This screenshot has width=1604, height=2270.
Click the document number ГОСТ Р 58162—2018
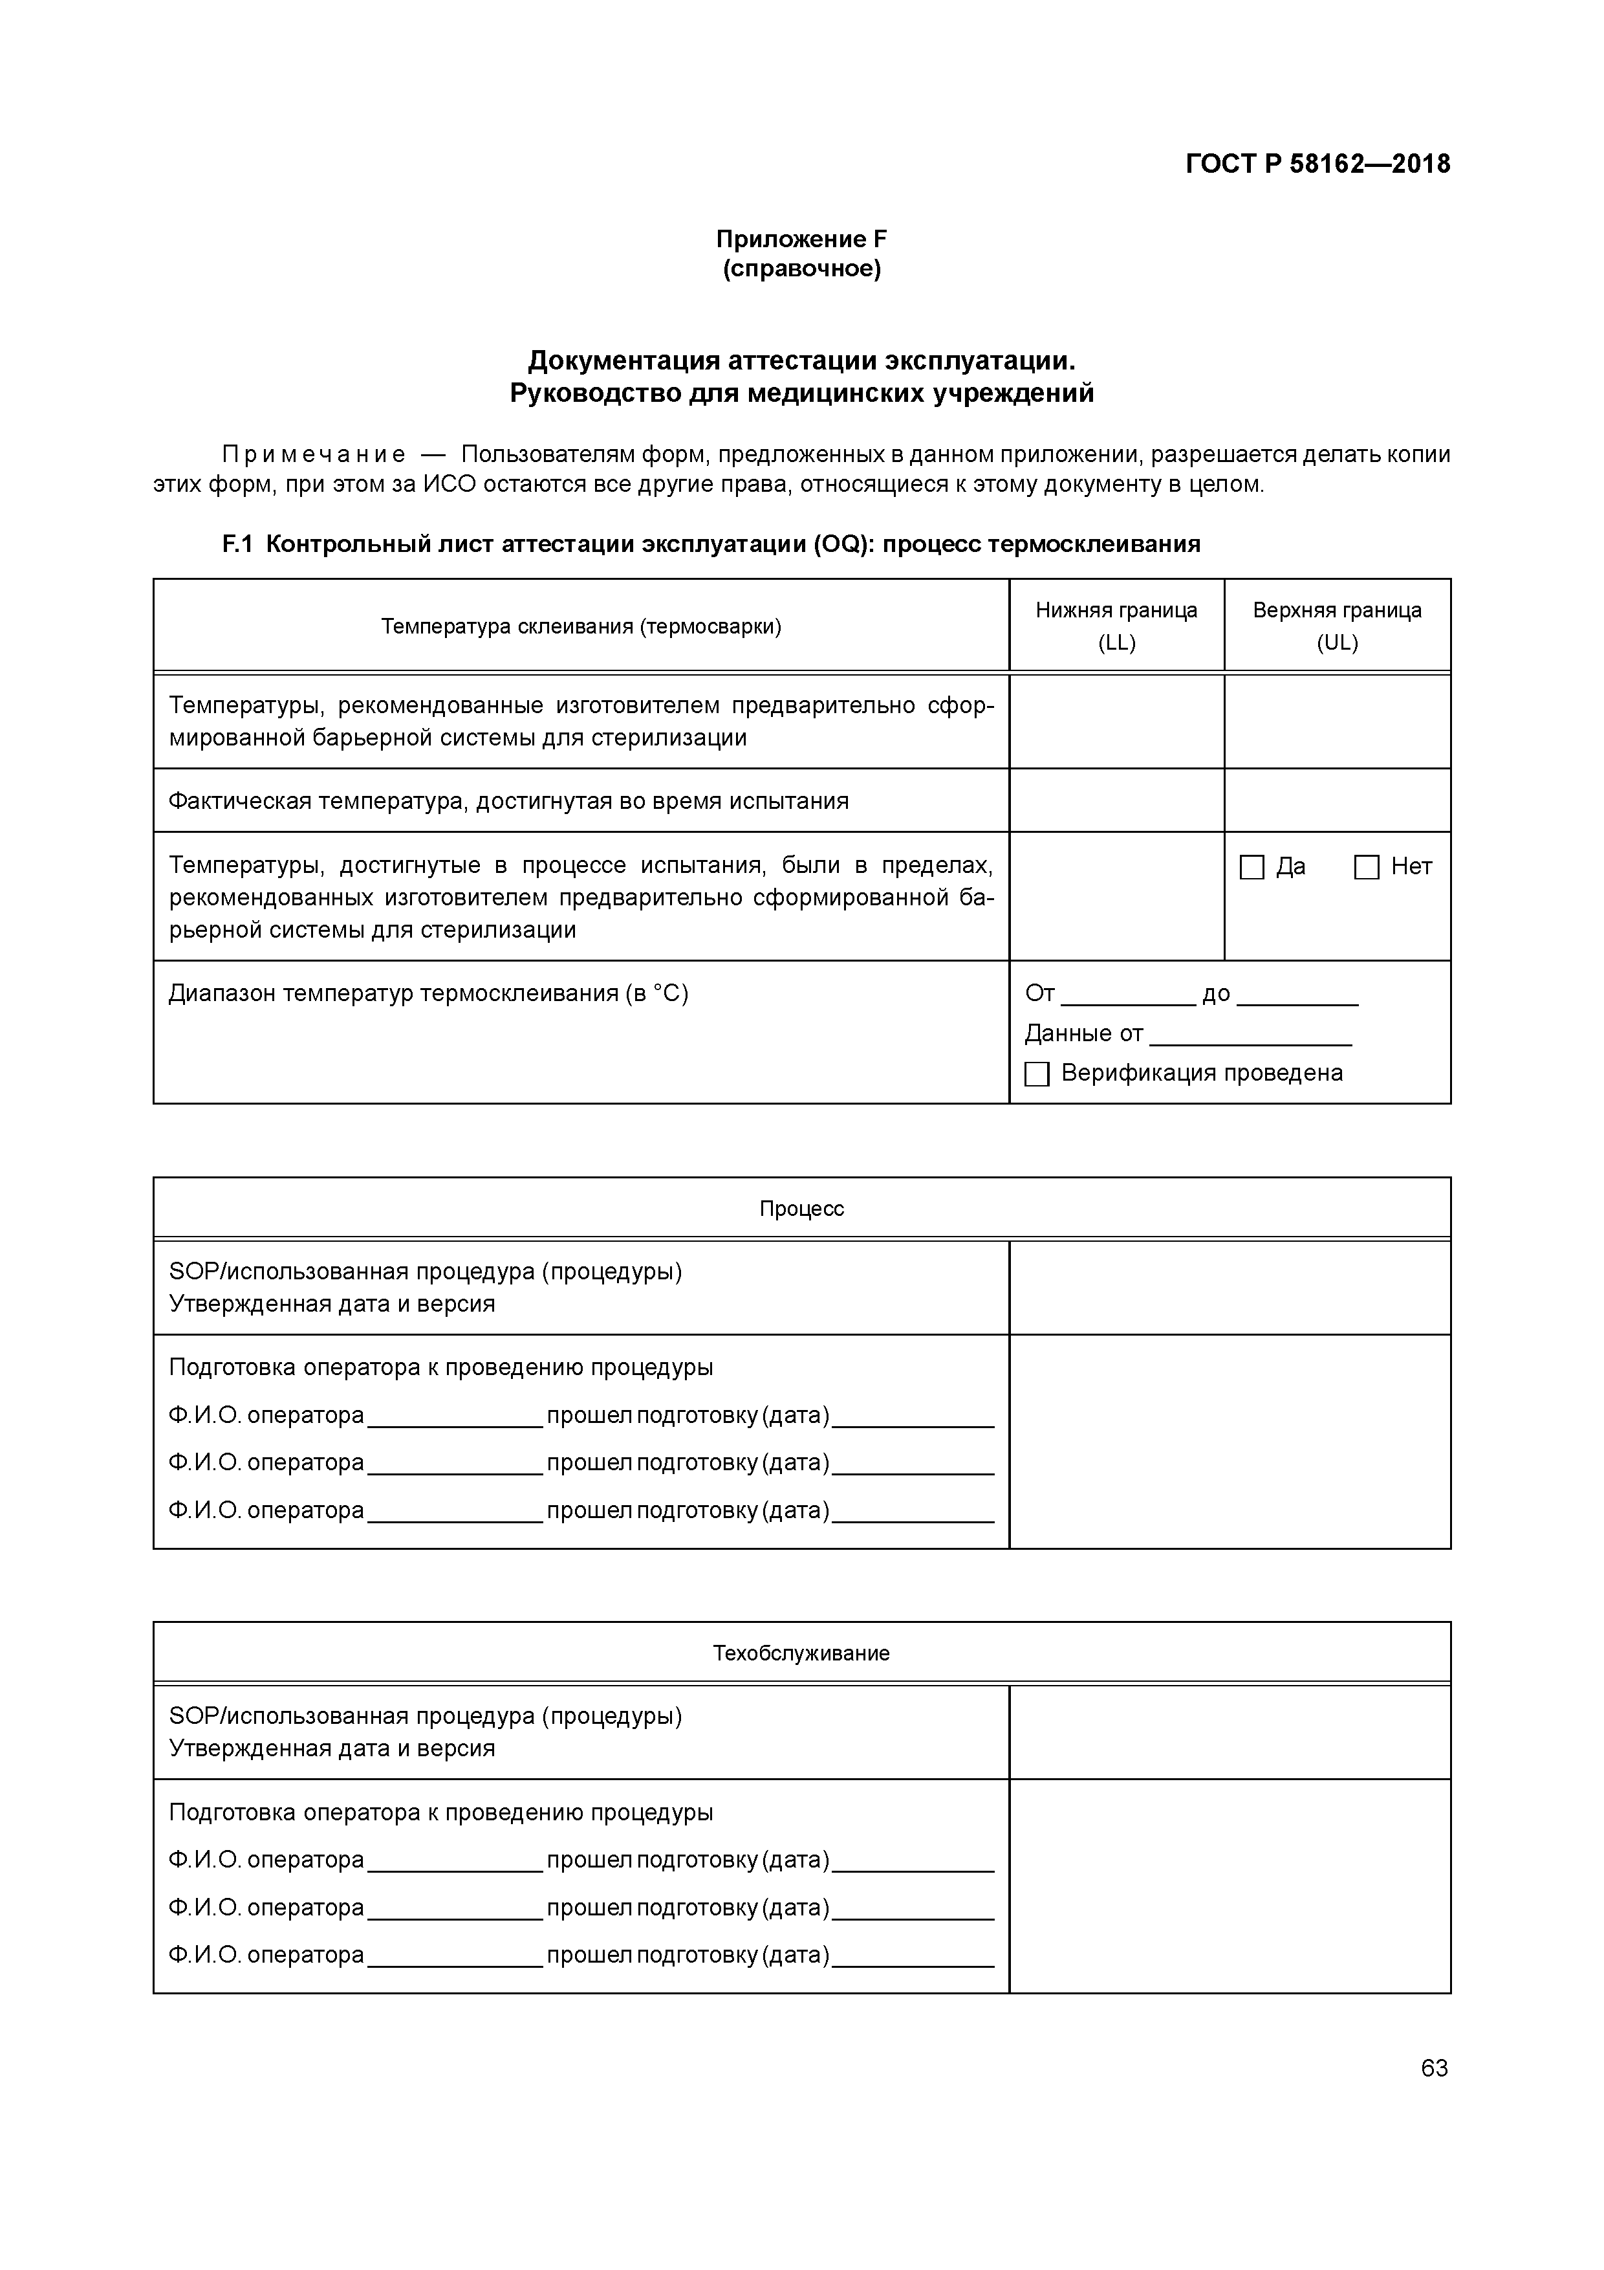[1317, 163]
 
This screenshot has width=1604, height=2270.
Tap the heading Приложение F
[801, 239]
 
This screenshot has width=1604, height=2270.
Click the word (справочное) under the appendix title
[801, 269]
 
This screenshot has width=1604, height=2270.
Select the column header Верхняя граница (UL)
[1336, 626]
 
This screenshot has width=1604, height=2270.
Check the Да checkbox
[1252, 867]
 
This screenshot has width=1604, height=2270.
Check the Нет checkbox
[1367, 867]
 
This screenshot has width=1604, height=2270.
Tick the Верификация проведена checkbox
[1037, 1074]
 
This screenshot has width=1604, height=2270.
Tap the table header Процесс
[801, 1208]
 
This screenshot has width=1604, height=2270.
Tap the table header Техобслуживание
[801, 1653]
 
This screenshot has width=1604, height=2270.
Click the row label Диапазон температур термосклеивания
[428, 993]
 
